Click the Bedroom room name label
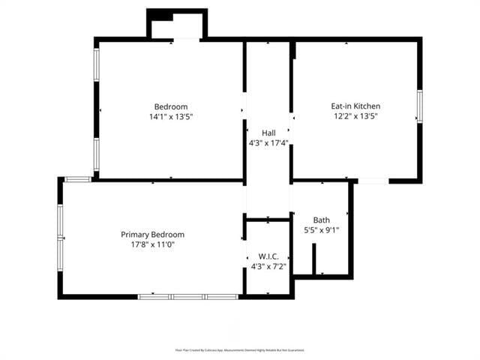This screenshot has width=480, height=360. pos(171,106)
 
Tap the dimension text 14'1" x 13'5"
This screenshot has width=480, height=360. pos(171,117)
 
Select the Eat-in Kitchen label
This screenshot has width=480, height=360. pos(355,106)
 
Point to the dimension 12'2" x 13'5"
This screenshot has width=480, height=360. pos(355,116)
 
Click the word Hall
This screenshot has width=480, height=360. pos(268,133)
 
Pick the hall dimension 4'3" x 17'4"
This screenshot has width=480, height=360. pos(268,142)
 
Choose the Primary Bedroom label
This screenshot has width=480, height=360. pos(152,235)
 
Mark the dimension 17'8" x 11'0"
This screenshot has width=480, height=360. pos(152,244)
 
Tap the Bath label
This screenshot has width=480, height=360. pos(322,220)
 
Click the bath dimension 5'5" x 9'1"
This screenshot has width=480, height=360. pos(322,230)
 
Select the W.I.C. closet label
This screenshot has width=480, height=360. pos(268,256)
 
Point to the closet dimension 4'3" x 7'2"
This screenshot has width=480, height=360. pos(268,266)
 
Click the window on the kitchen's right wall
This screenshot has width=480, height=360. pos(419,106)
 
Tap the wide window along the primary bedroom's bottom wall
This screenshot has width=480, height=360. pos(187,297)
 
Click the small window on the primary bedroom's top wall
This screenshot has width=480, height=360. pos(77,179)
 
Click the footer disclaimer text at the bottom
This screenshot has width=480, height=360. pos(240,350)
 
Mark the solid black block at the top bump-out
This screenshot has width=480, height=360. pos(160,16)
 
